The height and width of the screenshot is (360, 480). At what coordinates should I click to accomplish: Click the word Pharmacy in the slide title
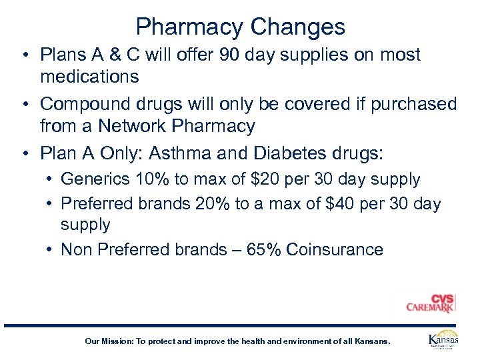190,27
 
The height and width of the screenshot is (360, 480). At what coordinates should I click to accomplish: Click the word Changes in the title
298,27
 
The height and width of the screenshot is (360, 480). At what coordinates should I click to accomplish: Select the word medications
89,76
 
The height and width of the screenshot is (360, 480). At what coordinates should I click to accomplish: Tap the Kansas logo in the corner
443,340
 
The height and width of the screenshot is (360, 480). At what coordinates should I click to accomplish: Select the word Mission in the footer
117,341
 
